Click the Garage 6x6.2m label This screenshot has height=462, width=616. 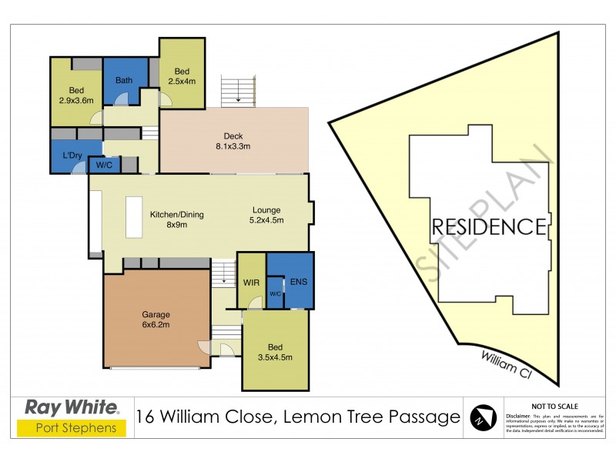[x=156, y=320]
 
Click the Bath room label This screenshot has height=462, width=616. [x=124, y=80]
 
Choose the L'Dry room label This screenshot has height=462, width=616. [x=73, y=156]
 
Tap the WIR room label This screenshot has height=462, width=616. [x=251, y=282]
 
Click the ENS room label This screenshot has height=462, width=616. [x=299, y=282]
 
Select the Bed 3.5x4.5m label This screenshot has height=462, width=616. [x=276, y=352]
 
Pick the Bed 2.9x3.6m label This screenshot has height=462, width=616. [x=75, y=95]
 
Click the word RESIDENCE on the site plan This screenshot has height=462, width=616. [x=488, y=226]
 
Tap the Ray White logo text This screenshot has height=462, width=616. [x=72, y=407]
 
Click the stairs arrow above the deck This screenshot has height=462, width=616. [x=239, y=98]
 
